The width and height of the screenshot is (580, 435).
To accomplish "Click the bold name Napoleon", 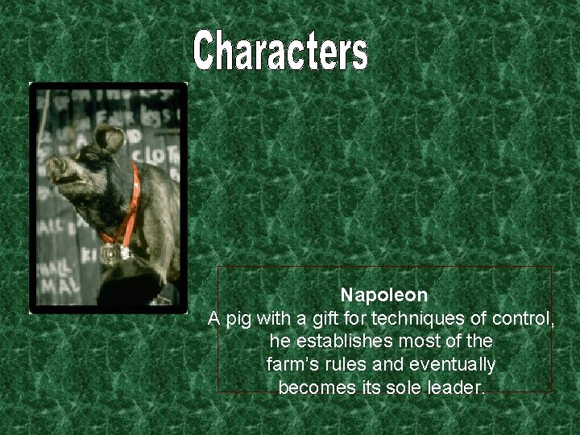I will click(383, 296).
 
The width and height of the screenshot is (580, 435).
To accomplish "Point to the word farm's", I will click(292, 365).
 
